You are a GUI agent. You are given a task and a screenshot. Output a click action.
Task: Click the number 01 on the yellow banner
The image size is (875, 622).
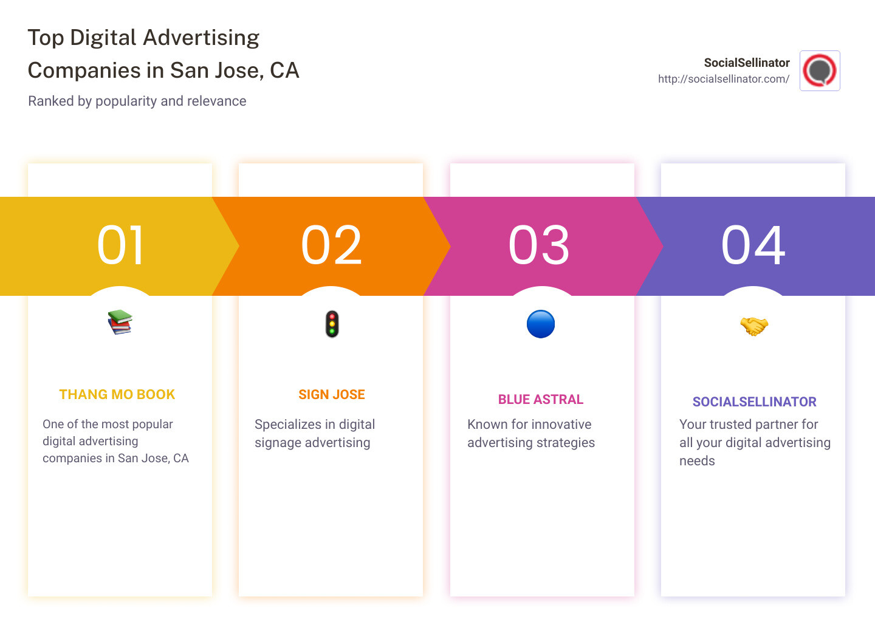[x=120, y=245]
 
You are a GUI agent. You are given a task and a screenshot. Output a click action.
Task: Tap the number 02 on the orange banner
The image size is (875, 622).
[x=331, y=245]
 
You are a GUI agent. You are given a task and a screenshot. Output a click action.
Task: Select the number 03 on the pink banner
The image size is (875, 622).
[x=539, y=245]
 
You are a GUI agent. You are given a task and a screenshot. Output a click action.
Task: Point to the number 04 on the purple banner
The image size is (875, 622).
[x=753, y=245]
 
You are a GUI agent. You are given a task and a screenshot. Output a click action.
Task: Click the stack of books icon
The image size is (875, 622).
[x=120, y=322]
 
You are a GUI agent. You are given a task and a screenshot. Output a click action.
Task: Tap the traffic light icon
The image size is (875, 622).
[x=332, y=324]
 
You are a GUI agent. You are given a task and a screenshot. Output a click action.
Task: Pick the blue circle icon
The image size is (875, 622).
[x=541, y=324]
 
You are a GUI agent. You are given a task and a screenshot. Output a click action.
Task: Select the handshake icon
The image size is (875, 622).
[x=753, y=326]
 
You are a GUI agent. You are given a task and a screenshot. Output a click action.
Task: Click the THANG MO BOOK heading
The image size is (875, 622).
[x=117, y=395]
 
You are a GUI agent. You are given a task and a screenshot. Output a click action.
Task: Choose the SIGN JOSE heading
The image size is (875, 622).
[x=332, y=395]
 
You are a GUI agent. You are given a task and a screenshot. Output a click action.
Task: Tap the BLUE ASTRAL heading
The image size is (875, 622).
[x=541, y=400]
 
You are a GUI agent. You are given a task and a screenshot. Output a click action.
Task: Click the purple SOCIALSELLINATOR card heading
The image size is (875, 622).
[x=754, y=402]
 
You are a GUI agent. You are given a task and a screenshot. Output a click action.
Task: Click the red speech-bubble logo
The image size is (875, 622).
[x=820, y=70]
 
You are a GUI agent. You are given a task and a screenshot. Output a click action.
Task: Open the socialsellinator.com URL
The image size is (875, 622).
[x=723, y=79]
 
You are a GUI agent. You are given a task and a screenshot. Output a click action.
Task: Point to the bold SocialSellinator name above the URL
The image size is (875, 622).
[x=747, y=63]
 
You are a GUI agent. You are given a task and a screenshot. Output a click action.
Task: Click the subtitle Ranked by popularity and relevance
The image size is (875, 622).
[x=137, y=101]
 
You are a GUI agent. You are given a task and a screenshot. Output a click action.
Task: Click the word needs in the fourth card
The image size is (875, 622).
[x=697, y=461]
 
